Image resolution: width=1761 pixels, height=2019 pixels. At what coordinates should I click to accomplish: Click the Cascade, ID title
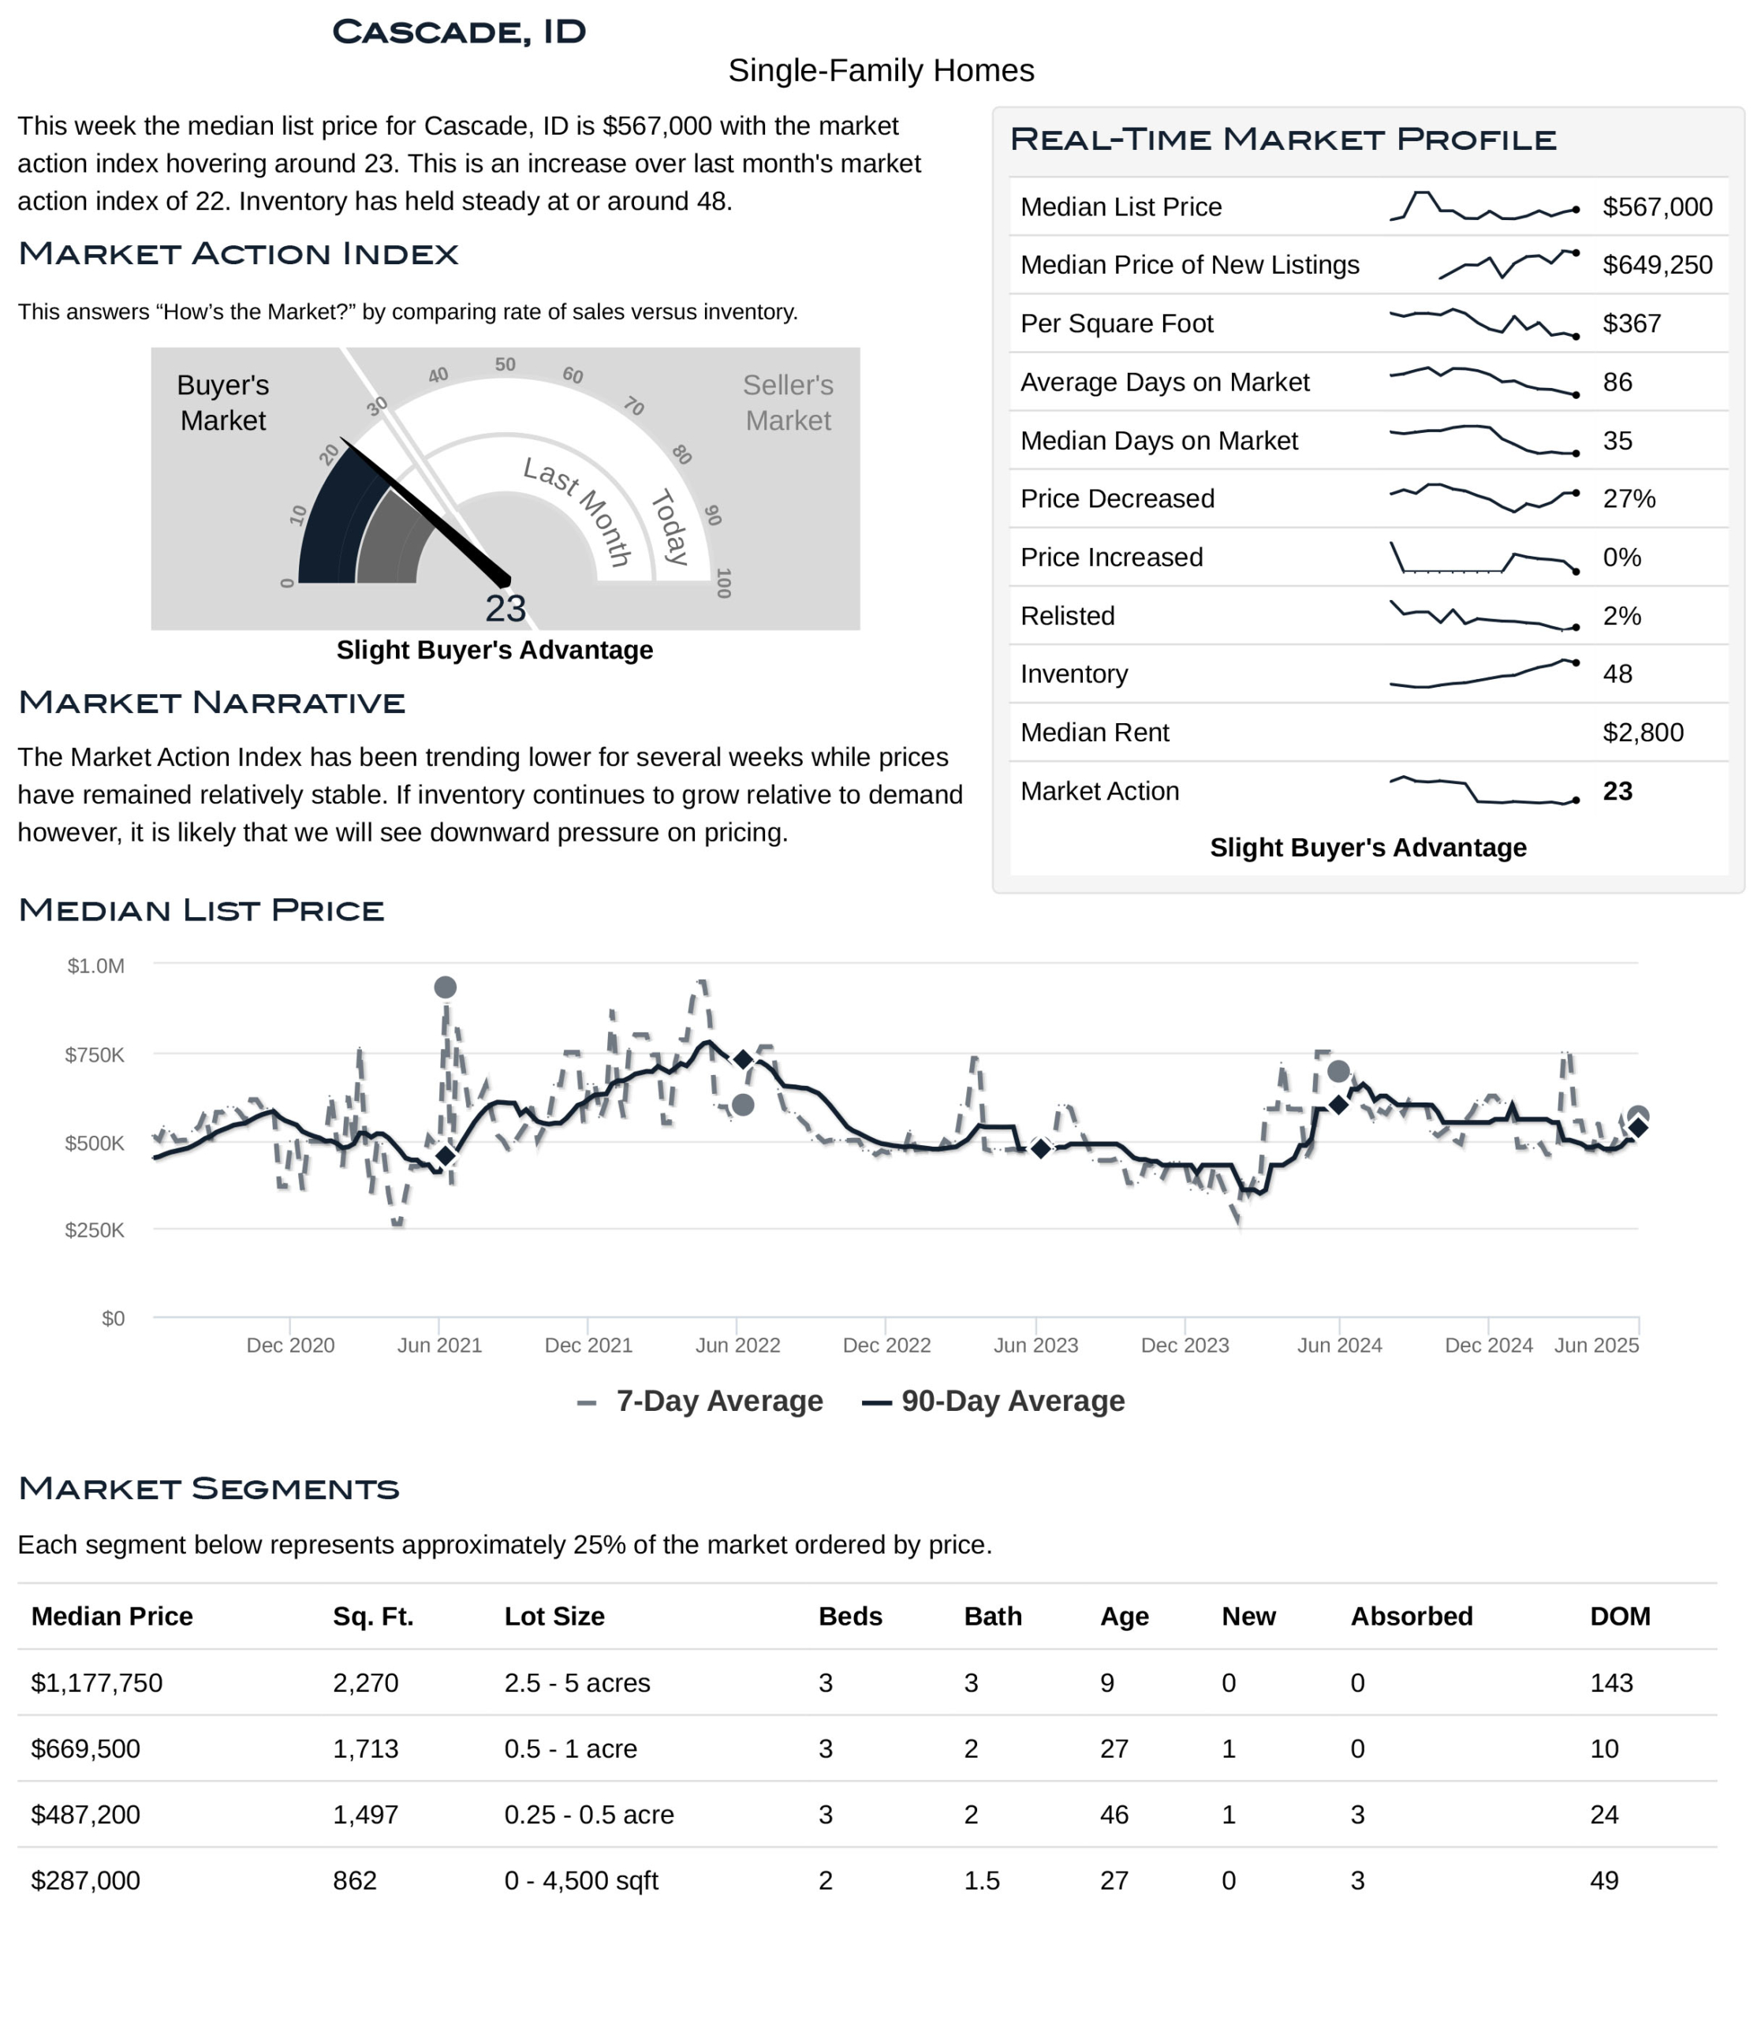[x=459, y=32]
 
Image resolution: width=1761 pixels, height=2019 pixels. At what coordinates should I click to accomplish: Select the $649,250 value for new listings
[x=1657, y=264]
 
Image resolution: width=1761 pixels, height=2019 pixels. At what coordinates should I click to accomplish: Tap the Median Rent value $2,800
[x=1642, y=733]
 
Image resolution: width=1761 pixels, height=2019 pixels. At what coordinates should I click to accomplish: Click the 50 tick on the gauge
[x=505, y=364]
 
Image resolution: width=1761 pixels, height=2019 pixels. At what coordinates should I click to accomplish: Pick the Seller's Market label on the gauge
[x=787, y=402]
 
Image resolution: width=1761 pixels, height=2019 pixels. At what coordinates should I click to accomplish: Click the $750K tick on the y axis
[x=95, y=1054]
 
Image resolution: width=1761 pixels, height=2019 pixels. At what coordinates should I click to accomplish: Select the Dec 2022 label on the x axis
[x=886, y=1345]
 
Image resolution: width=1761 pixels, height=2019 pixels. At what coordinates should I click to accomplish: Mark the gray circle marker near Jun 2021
[x=445, y=987]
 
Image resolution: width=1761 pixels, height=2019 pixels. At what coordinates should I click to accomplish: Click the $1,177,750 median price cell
[x=96, y=1683]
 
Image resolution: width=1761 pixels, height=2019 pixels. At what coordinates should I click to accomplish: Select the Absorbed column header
[x=1411, y=1616]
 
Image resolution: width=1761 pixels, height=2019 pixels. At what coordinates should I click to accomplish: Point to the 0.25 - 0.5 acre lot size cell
[x=588, y=1815]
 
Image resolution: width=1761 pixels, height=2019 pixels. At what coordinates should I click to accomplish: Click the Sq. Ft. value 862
[x=355, y=1880]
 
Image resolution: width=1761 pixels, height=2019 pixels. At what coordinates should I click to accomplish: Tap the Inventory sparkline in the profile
[x=1483, y=674]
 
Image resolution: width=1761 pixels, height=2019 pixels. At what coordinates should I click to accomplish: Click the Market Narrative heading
[x=211, y=703]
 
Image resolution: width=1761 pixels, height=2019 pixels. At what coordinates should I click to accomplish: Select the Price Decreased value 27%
[x=1629, y=498]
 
